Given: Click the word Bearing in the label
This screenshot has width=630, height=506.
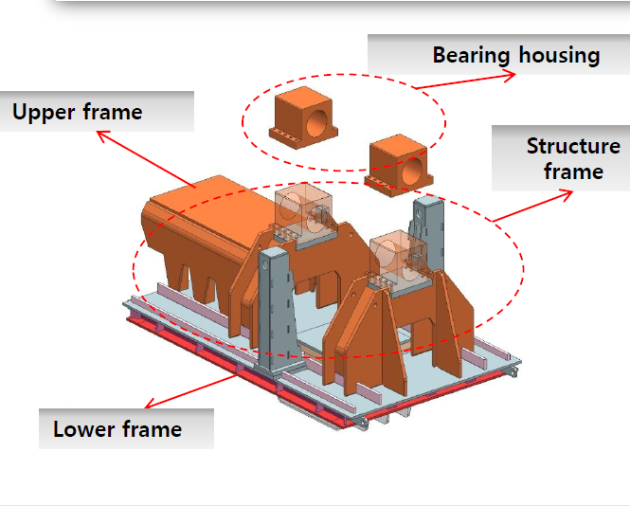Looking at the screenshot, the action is pyautogui.click(x=471, y=56).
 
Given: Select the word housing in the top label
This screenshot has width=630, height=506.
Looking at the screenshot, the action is pyautogui.click(x=559, y=55).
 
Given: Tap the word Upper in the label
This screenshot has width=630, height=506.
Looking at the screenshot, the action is pyautogui.click(x=44, y=113).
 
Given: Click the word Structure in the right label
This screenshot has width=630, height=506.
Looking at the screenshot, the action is pyautogui.click(x=573, y=146).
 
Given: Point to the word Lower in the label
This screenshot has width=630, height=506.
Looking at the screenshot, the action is pyautogui.click(x=84, y=429).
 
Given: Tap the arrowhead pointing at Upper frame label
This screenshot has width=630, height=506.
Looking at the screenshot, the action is pyautogui.click(x=103, y=136).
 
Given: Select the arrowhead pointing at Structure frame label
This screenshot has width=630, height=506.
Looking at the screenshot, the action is pyautogui.click(x=567, y=195).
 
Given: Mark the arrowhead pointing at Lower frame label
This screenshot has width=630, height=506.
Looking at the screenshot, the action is pyautogui.click(x=151, y=403).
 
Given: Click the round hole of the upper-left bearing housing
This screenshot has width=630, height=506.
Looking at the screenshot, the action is pyautogui.click(x=317, y=123).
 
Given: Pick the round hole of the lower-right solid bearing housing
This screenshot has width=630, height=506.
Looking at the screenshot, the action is pyautogui.click(x=412, y=170).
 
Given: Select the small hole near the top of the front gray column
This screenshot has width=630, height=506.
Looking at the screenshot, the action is pyautogui.click(x=265, y=265).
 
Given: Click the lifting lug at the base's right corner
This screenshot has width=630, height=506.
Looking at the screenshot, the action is pyautogui.click(x=513, y=371).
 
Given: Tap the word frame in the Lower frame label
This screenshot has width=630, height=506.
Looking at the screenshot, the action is pyautogui.click(x=152, y=428).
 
